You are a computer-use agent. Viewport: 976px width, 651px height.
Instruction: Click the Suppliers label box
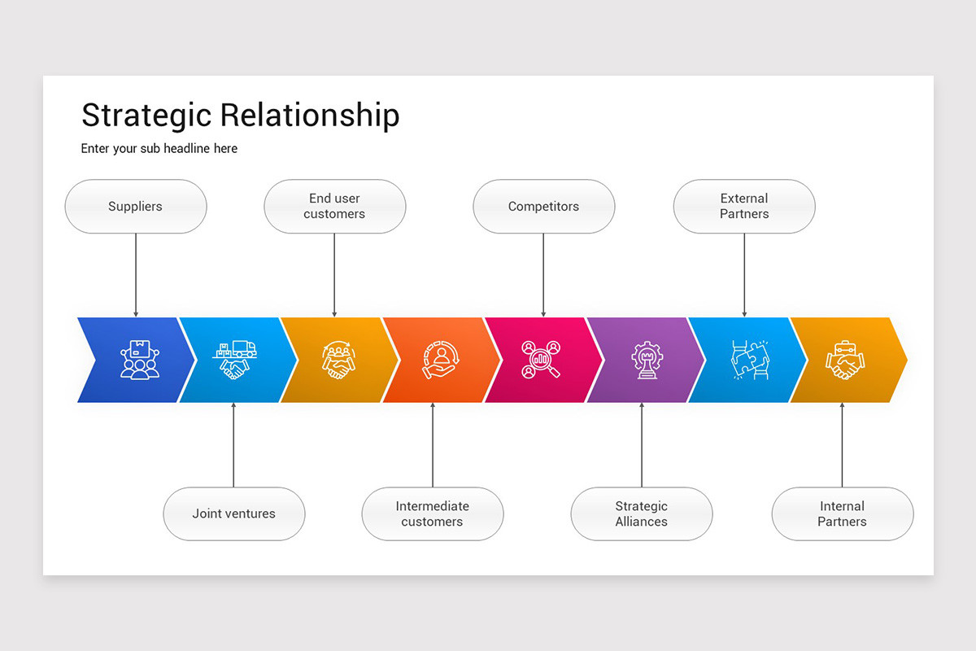[136, 207]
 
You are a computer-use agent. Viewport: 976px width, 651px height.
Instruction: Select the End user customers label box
[334, 207]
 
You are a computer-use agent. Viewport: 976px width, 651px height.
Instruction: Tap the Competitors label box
[543, 207]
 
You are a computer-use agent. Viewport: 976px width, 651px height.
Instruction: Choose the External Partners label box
[743, 207]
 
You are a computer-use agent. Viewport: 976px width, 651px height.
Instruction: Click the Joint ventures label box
[233, 513]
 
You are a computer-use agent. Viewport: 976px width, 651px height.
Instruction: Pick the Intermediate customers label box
[432, 513]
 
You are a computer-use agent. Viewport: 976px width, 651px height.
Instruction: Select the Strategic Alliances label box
[641, 513]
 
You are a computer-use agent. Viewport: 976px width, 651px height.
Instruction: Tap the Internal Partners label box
[842, 513]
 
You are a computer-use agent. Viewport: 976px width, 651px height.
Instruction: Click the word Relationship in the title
[310, 116]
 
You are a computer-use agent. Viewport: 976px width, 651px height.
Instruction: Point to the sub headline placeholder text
[159, 149]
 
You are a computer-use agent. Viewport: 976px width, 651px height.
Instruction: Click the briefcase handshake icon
[846, 360]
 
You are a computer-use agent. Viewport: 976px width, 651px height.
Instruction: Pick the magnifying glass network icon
[542, 360]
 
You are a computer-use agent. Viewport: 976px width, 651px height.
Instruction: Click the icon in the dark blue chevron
[139, 360]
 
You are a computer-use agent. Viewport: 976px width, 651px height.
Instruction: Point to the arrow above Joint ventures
[233, 444]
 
